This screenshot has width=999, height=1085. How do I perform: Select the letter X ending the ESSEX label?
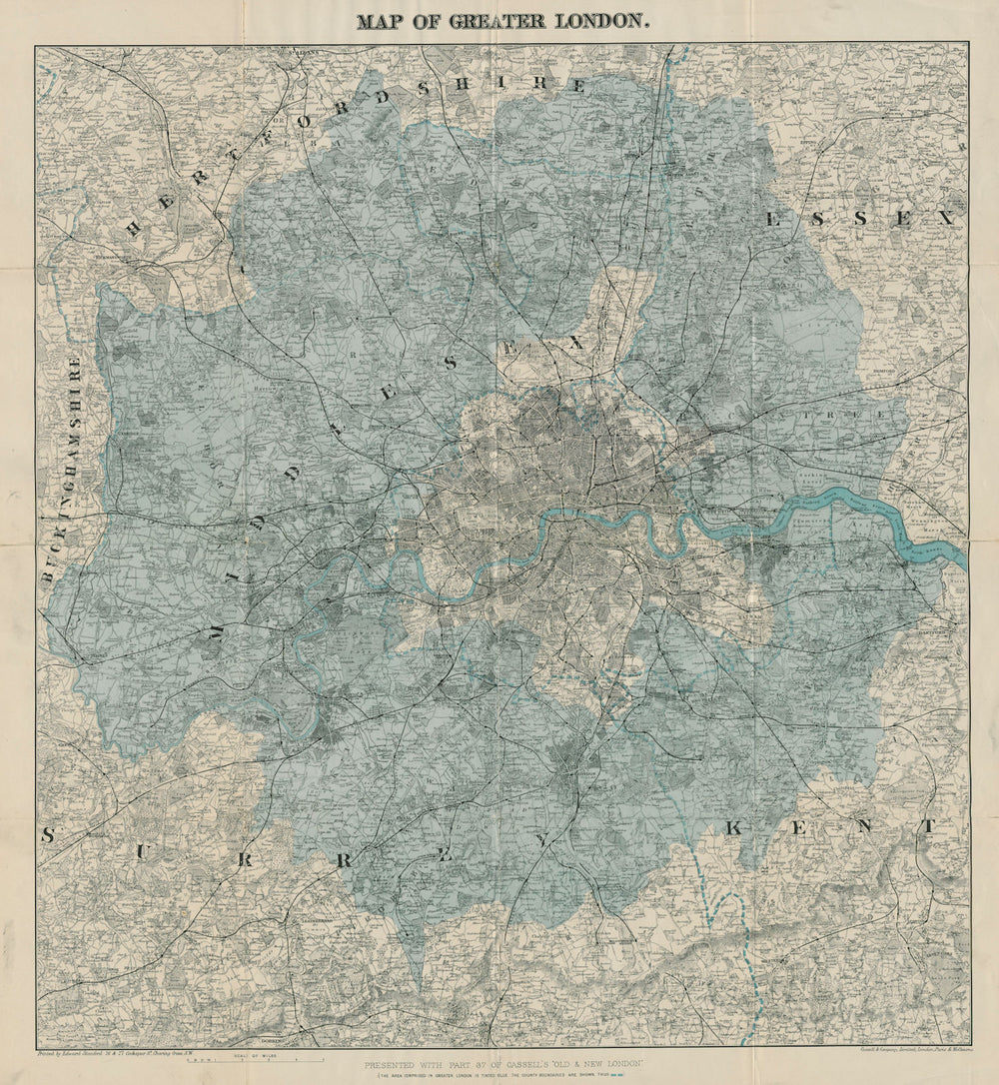click(945, 217)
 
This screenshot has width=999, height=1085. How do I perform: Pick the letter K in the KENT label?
click(735, 826)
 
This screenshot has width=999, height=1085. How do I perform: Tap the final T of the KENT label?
click(928, 826)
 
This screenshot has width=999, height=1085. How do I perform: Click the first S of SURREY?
click(47, 835)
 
